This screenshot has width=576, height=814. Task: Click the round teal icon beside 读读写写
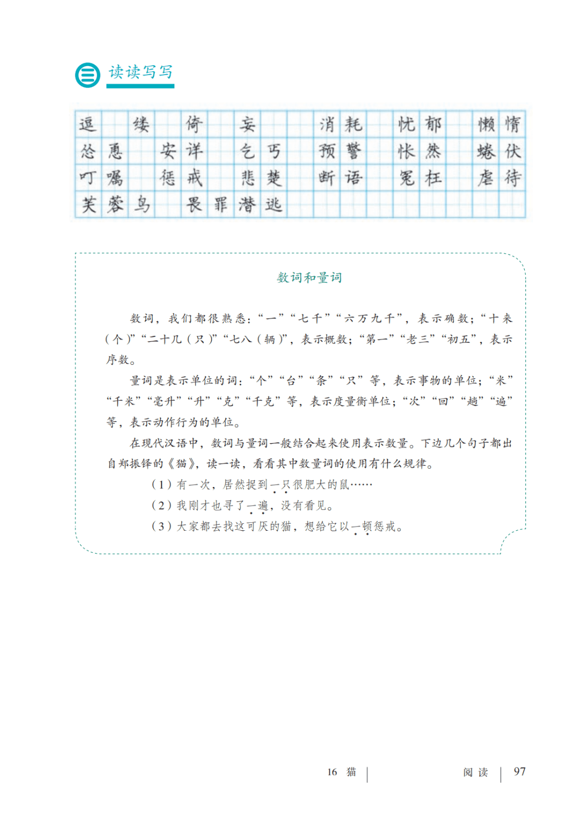[87, 75]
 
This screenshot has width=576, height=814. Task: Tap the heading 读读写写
[141, 72]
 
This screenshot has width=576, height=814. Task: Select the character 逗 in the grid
[87, 124]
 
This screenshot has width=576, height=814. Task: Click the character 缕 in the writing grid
[141, 124]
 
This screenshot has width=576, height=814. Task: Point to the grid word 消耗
[340, 124]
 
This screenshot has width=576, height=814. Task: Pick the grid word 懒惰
[499, 124]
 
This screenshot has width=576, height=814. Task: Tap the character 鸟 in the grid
[141, 204]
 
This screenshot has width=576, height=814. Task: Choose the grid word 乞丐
[260, 151]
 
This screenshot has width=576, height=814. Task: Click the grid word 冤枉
[420, 178]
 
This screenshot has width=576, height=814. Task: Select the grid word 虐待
[499, 178]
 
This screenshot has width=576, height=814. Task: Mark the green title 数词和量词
[309, 277]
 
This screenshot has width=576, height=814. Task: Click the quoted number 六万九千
[369, 319]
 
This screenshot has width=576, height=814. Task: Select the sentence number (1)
[161, 485]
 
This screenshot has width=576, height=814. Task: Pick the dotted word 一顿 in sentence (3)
[362, 527]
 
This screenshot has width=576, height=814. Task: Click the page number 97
[519, 771]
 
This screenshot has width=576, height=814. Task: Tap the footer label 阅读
[475, 772]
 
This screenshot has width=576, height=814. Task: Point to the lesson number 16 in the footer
[332, 772]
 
